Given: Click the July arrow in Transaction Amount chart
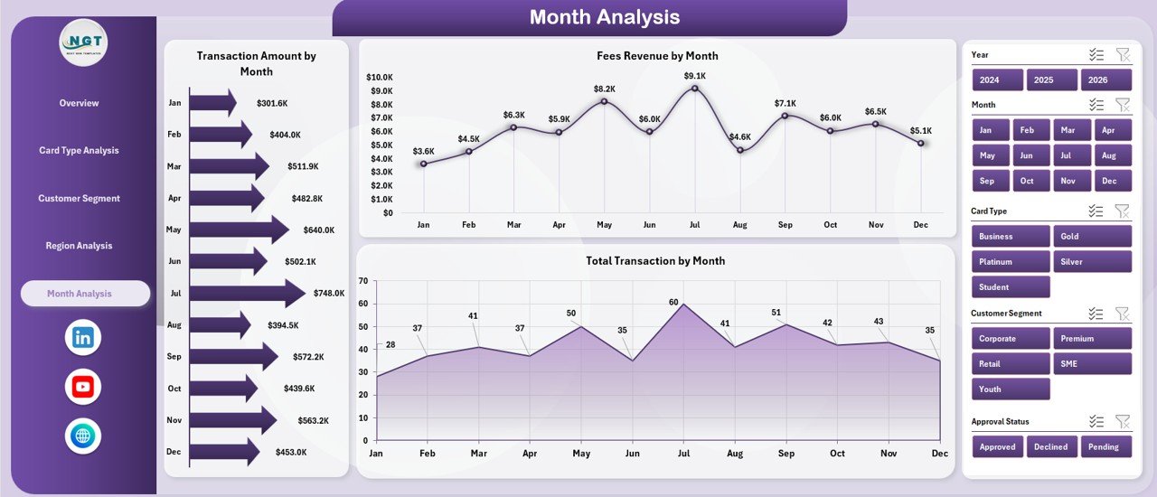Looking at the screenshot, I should pos(247,293).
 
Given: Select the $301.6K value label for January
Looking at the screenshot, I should pos(272,103).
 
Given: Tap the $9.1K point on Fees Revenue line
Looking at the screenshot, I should pos(694,88).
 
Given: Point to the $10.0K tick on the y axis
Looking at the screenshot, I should pos(379,77).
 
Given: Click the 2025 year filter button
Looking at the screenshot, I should pos(1043,80).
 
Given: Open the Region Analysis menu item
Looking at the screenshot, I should pos(80,246).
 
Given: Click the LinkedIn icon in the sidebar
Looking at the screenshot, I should pos(83,337).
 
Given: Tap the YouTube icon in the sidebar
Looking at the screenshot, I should pos(83,387).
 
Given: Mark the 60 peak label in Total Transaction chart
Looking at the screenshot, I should pos(673,303).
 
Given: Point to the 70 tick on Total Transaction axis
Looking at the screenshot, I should pos(362,281).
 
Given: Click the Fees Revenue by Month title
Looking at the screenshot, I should pos(657,56).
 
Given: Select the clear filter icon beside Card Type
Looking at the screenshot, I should pos(1122,211).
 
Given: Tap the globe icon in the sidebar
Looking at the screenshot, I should pos(83,436).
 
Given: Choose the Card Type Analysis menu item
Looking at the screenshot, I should pos(79,151).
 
